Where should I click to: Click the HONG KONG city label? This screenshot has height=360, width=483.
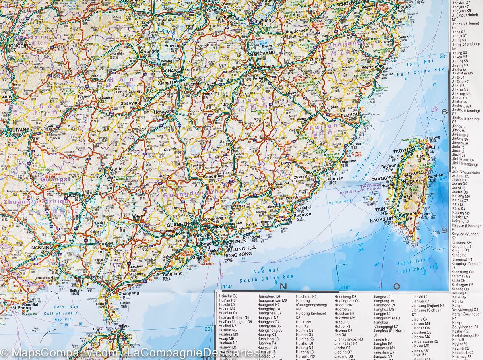(234, 254)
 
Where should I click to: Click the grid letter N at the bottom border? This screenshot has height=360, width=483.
(283, 287)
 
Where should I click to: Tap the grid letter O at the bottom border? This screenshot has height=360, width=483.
(397, 287)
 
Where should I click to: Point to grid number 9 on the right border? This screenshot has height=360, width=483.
(445, 230)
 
